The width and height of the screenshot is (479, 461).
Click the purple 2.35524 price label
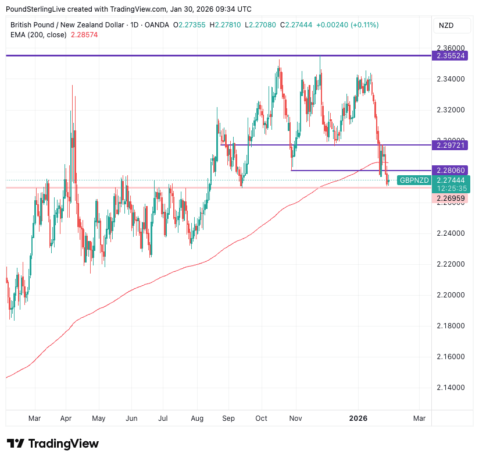coord(451,56)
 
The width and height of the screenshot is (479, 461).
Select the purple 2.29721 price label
coord(451,145)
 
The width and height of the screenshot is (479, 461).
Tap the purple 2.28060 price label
coord(451,171)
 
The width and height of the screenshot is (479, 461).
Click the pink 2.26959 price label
coord(451,198)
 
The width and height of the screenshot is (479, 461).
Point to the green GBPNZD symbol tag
coord(414,180)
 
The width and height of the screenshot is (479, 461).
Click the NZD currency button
coord(446,26)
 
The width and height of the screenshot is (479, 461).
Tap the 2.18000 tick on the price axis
coord(451,326)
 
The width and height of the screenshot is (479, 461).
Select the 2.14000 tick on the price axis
coord(451,388)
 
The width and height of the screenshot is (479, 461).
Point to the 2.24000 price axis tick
coord(451,233)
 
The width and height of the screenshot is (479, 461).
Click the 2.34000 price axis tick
coord(451,79)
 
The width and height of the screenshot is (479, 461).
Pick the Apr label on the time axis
coord(66,419)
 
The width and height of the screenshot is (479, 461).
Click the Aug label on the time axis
coord(196,419)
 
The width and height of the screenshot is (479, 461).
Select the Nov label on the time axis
coord(295,419)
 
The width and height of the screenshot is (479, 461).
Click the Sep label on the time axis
coord(228,419)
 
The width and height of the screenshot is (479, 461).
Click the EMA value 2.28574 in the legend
coord(84,35)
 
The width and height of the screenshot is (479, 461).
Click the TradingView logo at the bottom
coord(53,444)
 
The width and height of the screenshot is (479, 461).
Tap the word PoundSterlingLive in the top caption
coord(34,9)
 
